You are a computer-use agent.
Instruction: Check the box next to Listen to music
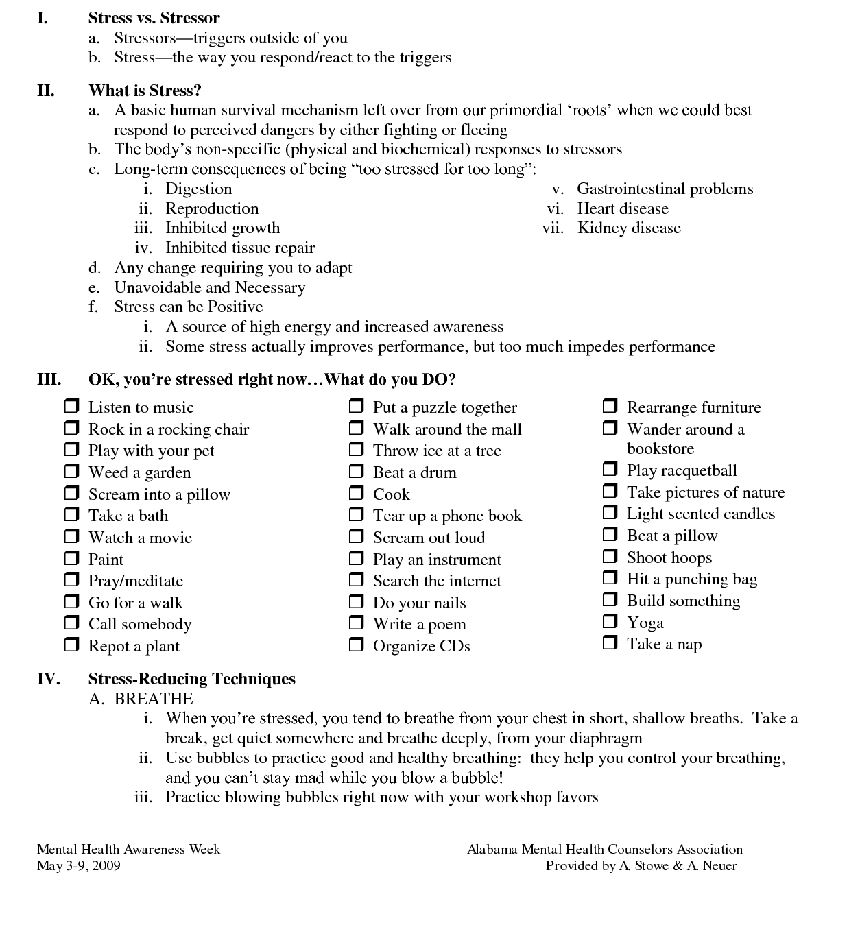(72, 406)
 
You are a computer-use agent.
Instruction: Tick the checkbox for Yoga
(610, 621)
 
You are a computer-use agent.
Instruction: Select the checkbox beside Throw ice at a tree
(356, 449)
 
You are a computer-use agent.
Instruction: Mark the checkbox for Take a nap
(610, 642)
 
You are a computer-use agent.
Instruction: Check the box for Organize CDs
(356, 645)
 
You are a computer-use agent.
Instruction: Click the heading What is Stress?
(145, 91)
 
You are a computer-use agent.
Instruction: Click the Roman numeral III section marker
(49, 379)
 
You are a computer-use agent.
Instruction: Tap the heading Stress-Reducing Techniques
(191, 679)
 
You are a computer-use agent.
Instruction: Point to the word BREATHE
(154, 699)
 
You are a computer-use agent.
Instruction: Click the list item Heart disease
(622, 208)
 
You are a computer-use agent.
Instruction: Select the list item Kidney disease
(629, 228)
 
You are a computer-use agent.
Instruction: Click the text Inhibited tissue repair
(240, 248)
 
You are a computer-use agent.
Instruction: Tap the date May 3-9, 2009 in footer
(79, 865)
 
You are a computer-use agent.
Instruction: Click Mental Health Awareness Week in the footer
(128, 849)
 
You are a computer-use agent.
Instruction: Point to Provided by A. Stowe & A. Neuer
(641, 865)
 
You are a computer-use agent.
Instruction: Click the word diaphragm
(604, 738)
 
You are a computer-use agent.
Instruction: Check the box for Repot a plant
(72, 645)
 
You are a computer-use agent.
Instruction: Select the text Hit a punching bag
(691, 579)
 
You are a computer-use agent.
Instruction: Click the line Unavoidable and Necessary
(209, 287)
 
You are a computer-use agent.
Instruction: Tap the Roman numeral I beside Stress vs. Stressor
(43, 18)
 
